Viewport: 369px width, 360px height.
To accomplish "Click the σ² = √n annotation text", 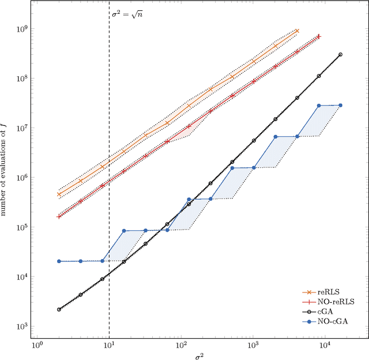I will [x=127, y=13].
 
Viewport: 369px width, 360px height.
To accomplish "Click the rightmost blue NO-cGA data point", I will [x=340, y=105].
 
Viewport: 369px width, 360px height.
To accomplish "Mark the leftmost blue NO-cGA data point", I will [x=59, y=261].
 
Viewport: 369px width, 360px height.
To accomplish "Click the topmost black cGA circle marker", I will [x=340, y=55].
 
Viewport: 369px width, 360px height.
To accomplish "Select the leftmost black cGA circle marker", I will [x=59, y=309].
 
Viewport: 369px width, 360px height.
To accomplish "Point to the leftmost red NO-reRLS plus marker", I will [x=59, y=216].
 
